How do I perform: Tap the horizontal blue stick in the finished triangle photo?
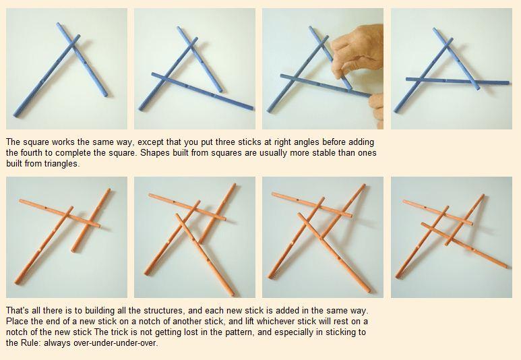(x=457, y=81)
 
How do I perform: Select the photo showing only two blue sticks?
(x=67, y=69)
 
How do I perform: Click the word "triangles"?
(x=62, y=164)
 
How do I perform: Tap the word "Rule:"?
(x=31, y=342)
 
